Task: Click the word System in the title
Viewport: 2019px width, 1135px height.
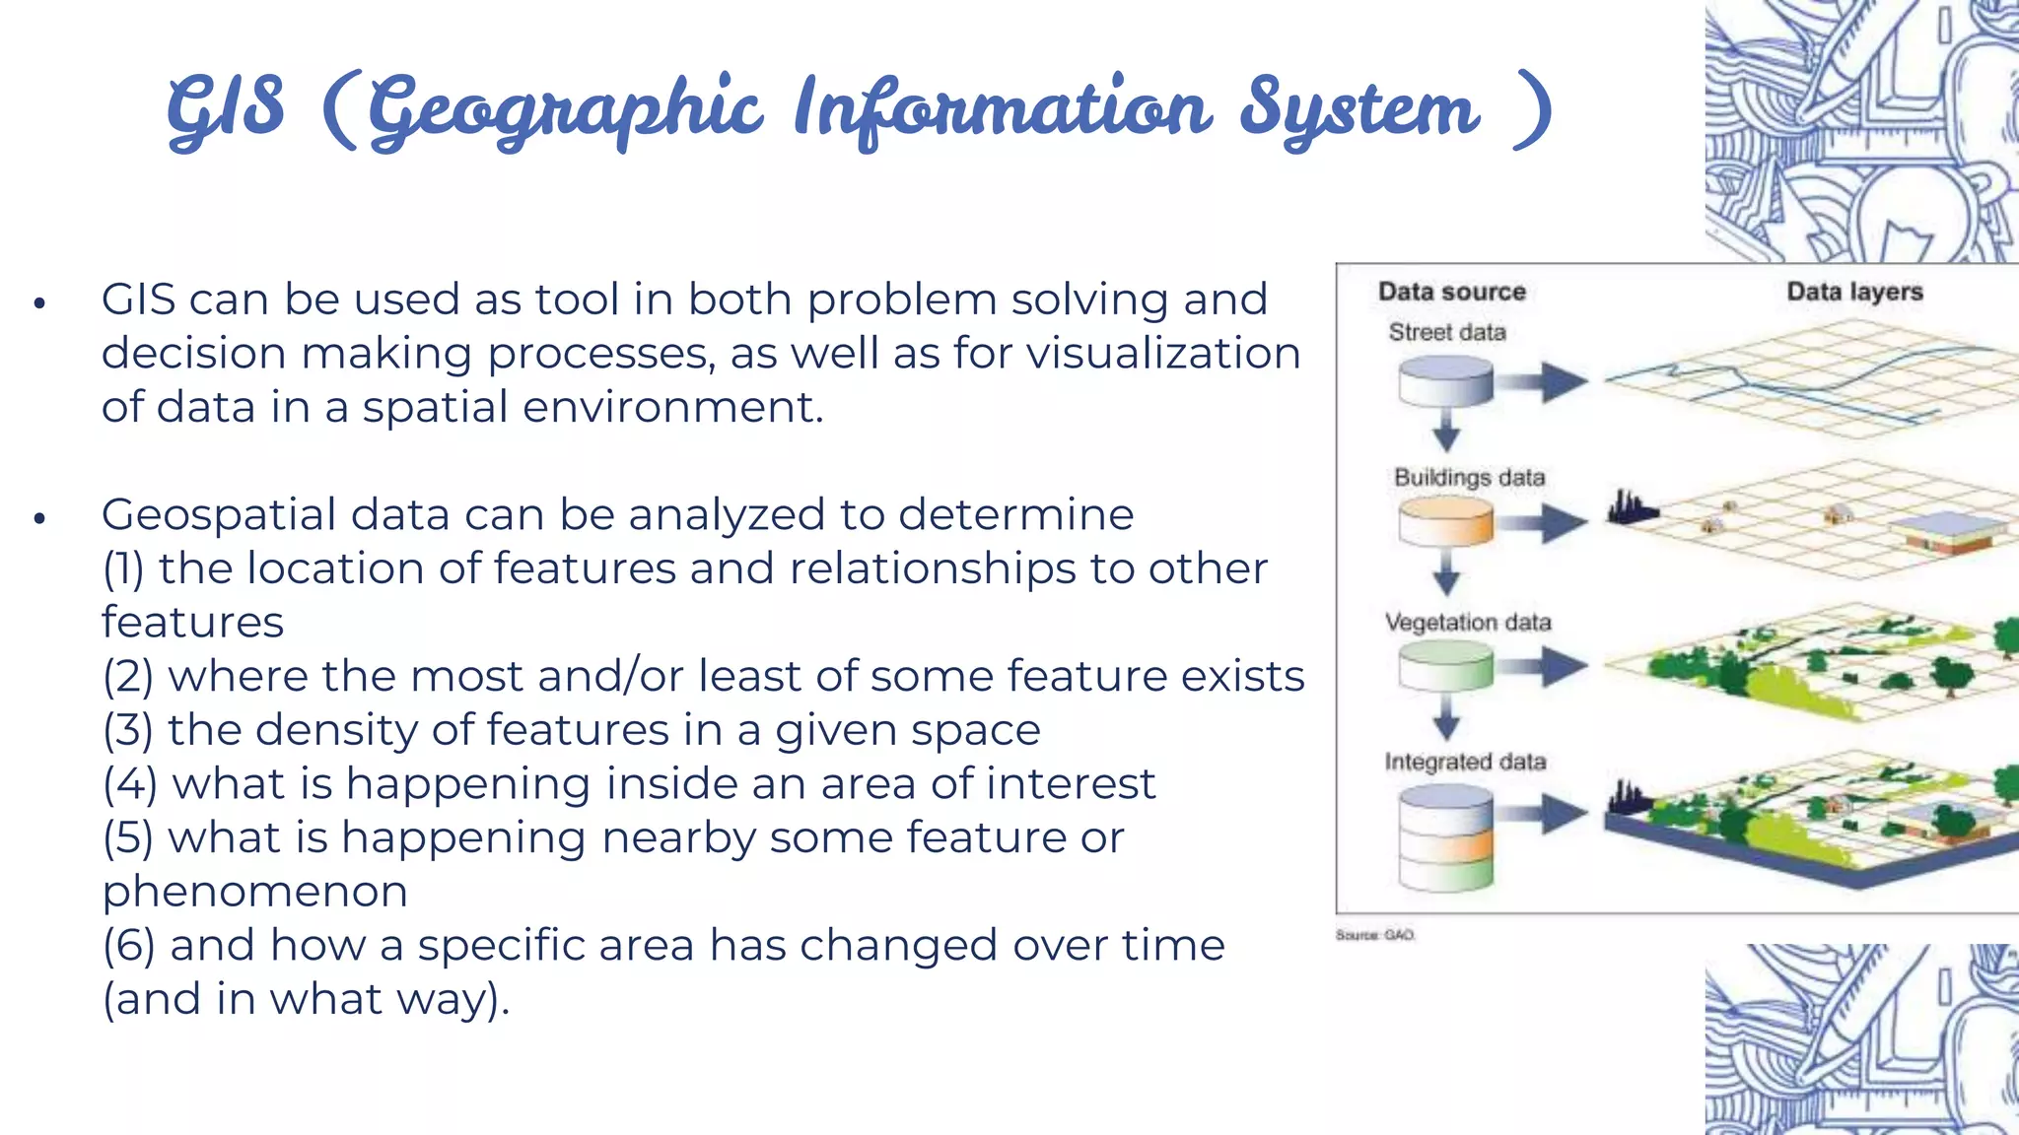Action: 1358,110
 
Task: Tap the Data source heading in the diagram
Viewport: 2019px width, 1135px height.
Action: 1451,292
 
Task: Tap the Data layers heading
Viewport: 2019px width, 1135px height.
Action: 1854,292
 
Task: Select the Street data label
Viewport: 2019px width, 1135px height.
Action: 1446,333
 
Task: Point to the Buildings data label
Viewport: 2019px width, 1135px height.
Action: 1469,478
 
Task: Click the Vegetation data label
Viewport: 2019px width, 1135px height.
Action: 1467,623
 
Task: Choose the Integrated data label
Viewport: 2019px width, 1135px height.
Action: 1465,762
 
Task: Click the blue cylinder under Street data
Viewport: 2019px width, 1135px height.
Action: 1445,381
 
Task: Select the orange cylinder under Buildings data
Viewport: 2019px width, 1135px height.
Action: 1445,521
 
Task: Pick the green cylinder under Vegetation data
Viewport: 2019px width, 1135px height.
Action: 1445,666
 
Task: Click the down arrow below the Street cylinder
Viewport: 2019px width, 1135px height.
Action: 1446,431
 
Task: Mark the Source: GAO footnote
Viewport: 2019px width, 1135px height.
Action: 1374,935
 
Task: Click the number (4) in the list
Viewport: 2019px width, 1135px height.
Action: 130,784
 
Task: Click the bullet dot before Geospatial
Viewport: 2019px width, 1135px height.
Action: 39,518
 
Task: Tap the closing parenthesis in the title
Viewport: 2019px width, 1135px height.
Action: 1531,110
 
